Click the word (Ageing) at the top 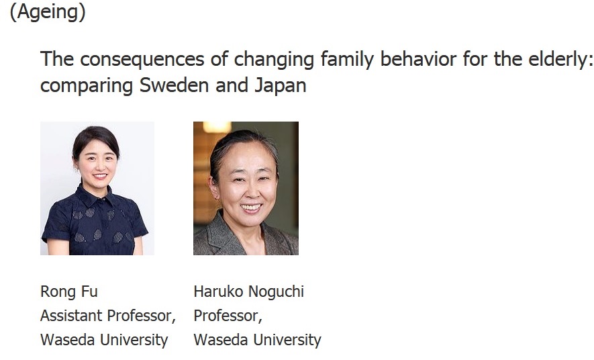coord(48,11)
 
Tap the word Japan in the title coord(281,86)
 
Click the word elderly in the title coord(560,59)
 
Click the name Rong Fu coord(69,291)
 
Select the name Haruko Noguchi coord(249,291)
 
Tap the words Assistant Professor coord(108,316)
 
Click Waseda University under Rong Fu coord(104,340)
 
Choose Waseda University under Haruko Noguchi coord(257,340)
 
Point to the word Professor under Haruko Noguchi coord(228,316)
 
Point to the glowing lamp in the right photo coord(217,127)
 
